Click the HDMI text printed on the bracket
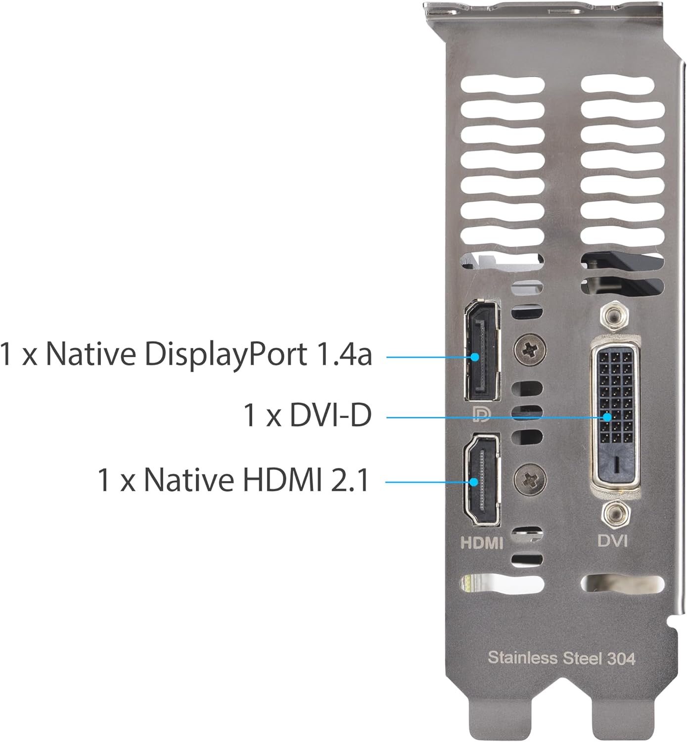point(481,543)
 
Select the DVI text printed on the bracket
point(612,540)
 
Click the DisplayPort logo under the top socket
point(480,415)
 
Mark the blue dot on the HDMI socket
point(475,481)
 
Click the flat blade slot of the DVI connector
point(617,463)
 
